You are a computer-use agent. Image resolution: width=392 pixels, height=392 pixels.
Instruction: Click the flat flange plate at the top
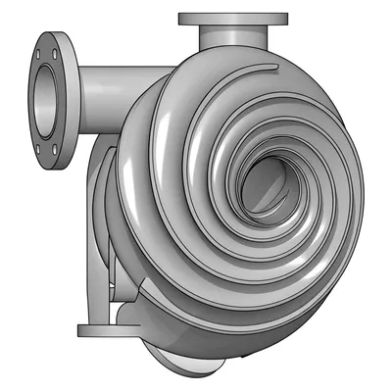pos(233,19)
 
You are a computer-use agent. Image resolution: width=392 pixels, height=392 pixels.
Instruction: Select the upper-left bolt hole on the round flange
pos(38,54)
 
